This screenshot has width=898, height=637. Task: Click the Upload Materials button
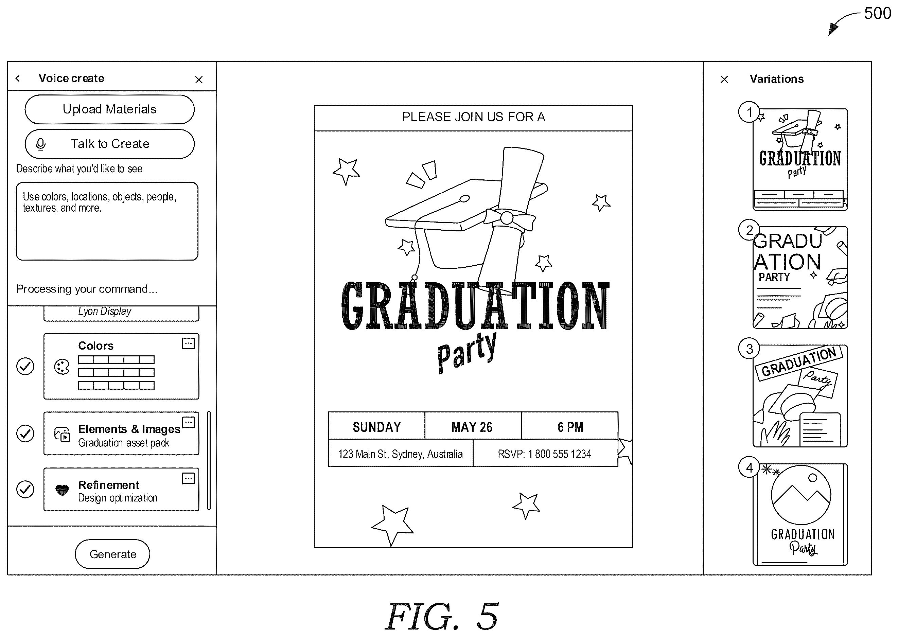point(109,109)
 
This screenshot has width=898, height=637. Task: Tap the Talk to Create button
point(109,144)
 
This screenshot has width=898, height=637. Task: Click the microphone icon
point(40,144)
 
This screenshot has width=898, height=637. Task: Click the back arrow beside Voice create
point(18,78)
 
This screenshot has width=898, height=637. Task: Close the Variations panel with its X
point(724,79)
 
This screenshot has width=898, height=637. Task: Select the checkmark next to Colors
point(25,366)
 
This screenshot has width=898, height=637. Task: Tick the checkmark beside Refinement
point(25,489)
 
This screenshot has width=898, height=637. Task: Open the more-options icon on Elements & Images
point(189,422)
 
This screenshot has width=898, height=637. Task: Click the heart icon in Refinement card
point(62,490)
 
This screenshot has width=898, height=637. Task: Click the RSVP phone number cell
point(546,453)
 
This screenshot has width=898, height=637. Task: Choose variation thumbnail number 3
point(800,396)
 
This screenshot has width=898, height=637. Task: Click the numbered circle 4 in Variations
point(749,467)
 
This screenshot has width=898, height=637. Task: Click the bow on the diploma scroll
point(509,218)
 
